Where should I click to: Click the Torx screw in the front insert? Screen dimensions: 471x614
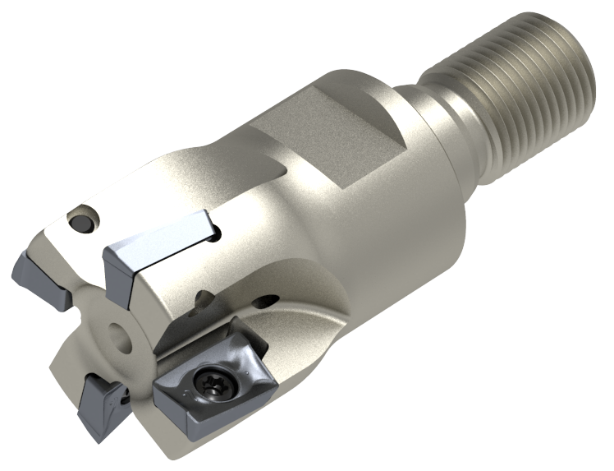pos(212,380)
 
